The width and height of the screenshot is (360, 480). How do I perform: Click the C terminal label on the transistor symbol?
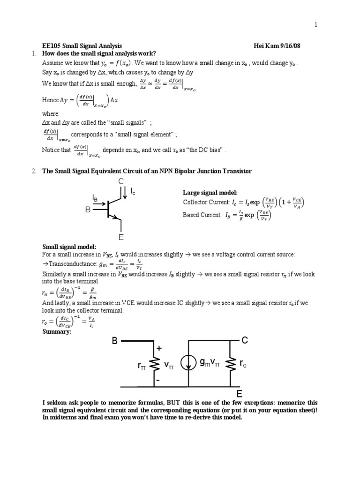[x=121, y=181]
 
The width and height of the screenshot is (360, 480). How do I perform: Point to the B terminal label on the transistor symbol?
[x=87, y=210]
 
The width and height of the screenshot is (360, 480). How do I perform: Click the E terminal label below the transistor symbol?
[x=121, y=238]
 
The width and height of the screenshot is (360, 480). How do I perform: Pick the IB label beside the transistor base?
[x=95, y=199]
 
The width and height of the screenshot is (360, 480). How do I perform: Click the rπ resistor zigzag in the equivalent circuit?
[x=154, y=364]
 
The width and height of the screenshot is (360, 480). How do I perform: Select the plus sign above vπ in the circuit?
[x=159, y=349]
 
